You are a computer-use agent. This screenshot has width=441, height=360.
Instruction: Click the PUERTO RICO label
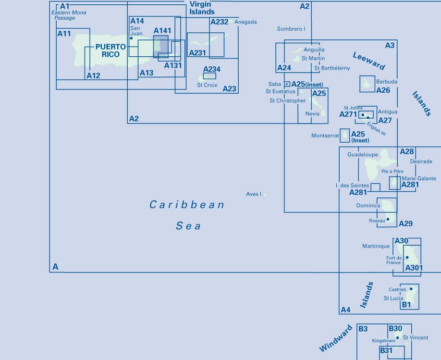point(110,50)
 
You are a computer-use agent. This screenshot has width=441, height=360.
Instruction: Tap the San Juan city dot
point(131,38)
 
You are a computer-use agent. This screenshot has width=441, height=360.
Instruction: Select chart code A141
point(162,31)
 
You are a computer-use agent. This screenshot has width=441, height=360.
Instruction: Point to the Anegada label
point(245,22)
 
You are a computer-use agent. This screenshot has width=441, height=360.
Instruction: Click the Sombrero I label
point(291,29)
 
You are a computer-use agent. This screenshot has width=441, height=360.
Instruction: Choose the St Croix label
point(207,85)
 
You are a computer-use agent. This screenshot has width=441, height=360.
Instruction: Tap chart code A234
point(212,69)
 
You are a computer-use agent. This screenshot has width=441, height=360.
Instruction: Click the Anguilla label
point(314,50)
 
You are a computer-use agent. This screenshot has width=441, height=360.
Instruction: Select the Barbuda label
point(387,82)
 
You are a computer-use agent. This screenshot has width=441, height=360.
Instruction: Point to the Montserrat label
point(325,136)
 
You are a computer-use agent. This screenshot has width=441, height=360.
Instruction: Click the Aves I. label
point(254,194)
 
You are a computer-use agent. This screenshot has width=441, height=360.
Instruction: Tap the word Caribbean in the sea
point(187,205)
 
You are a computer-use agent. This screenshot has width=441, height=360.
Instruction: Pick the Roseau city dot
point(388,219)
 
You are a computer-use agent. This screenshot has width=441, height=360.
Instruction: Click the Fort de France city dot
point(407,257)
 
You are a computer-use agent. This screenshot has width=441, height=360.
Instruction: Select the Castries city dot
point(411,289)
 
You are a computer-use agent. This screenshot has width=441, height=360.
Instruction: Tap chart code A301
point(414,268)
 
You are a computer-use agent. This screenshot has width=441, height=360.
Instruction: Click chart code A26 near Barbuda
point(383,90)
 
